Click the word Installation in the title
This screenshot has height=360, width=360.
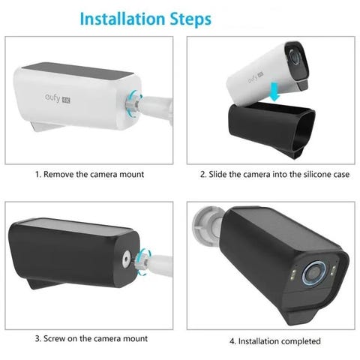122,19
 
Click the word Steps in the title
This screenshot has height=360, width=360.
190,19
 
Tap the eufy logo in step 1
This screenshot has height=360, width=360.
58,98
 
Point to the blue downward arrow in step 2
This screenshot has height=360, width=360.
274,92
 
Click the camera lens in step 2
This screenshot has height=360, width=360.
295,57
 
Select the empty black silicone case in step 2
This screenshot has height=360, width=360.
271,130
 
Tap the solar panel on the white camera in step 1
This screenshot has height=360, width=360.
77,70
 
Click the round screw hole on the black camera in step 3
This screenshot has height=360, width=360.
126,260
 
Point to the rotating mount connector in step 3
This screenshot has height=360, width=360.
142,262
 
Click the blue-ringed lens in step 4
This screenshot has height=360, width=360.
313,274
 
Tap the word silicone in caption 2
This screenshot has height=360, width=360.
317,174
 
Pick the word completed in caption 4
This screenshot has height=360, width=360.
301,341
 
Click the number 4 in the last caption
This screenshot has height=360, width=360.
232,341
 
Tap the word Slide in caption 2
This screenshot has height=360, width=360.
217,174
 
